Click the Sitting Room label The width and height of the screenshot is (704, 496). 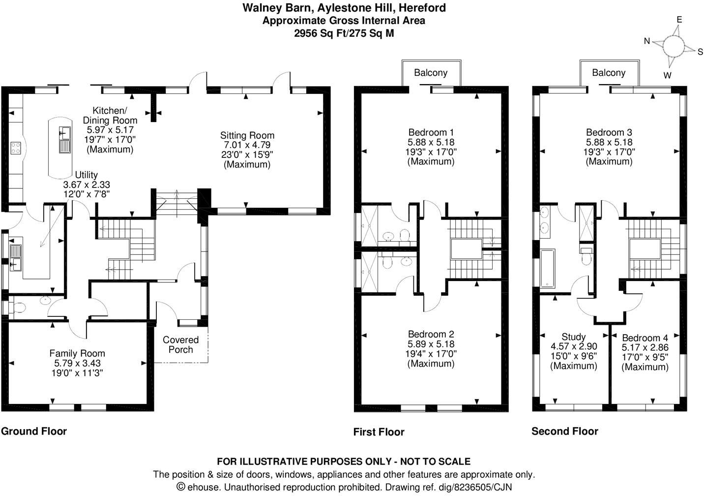tap(247, 135)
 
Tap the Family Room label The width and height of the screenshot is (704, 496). tap(77, 353)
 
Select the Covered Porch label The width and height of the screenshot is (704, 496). tap(180, 344)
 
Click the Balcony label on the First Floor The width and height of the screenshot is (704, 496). tap(431, 73)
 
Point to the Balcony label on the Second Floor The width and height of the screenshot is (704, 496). tap(609, 73)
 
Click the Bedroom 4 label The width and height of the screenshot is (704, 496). tap(645, 338)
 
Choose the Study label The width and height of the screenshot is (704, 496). tap(573, 337)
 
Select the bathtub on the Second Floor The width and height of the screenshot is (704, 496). tap(547, 268)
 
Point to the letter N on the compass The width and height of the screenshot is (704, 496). tap(647, 41)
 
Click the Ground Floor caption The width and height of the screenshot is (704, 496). tap(33, 432)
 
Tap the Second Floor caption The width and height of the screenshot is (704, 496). tap(565, 432)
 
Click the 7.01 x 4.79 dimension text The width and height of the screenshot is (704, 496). tap(247, 145)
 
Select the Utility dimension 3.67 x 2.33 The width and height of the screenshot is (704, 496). tap(87, 185)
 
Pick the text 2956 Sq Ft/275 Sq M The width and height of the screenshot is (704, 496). tap(344, 33)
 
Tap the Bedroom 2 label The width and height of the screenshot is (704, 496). tap(431, 335)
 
